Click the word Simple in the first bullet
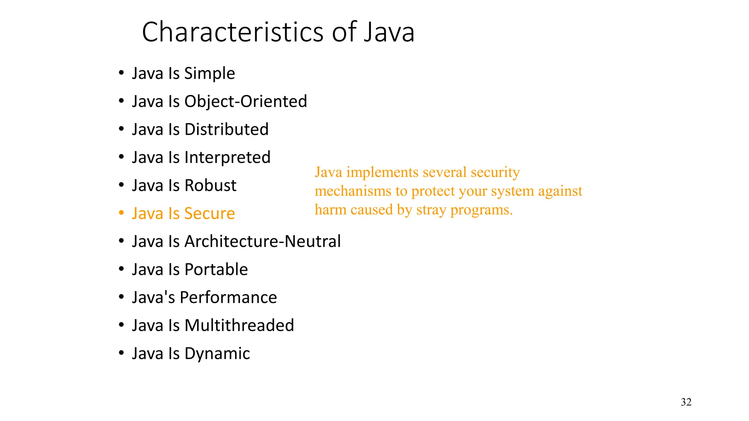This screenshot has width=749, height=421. pyautogui.click(x=210, y=73)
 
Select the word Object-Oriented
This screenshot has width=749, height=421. pyautogui.click(x=245, y=101)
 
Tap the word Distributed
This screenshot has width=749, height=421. pyautogui.click(x=226, y=129)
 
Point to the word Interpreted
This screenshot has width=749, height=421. pyautogui.click(x=227, y=158)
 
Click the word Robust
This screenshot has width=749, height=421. pyautogui.click(x=210, y=185)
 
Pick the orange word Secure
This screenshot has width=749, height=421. pyautogui.click(x=210, y=213)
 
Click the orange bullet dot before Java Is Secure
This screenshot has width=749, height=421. pyautogui.click(x=121, y=213)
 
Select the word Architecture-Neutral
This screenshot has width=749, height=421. pyautogui.click(x=263, y=242)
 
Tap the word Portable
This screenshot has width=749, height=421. pyautogui.click(x=216, y=269)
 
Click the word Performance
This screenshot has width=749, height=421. pyautogui.click(x=228, y=297)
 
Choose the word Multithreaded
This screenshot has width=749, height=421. pyautogui.click(x=239, y=325)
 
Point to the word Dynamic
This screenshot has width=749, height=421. pyautogui.click(x=217, y=353)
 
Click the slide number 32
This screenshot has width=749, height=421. pyautogui.click(x=686, y=402)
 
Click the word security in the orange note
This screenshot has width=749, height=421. pyautogui.click(x=495, y=172)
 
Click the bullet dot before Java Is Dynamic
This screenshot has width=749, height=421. pyautogui.click(x=121, y=353)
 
